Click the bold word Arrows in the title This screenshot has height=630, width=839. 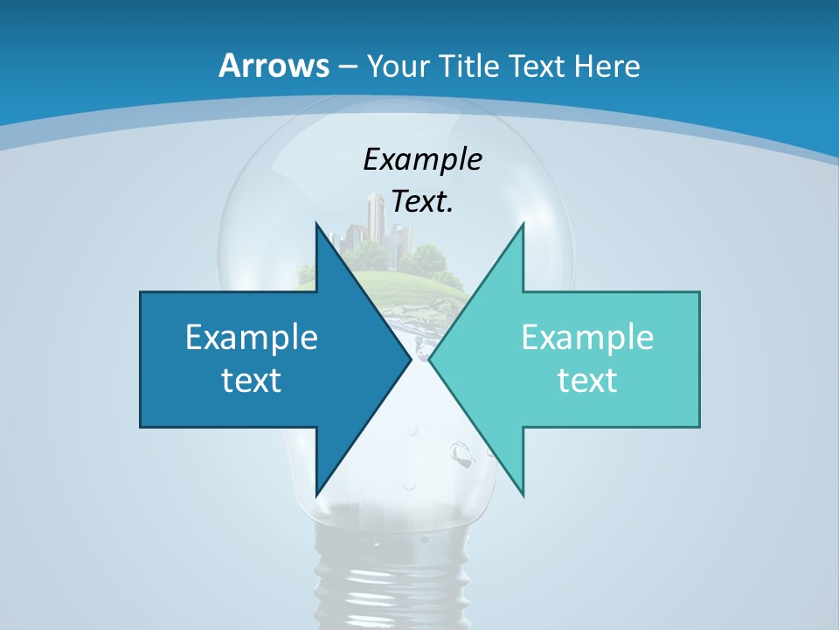[x=273, y=66]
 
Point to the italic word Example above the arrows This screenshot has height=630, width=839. [x=422, y=159]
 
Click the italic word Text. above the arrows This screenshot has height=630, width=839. [x=422, y=202]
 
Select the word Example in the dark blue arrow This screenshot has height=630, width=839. [x=252, y=337]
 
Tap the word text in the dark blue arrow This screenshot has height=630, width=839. [x=252, y=380]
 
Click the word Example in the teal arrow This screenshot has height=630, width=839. [x=587, y=337]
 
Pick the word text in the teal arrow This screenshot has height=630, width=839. [x=587, y=380]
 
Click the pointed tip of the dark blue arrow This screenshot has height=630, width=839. [x=410, y=359]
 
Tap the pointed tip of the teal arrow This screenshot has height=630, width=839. [x=430, y=359]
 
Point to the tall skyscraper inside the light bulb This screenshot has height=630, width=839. [x=376, y=219]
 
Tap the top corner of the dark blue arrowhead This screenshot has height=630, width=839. [x=316, y=225]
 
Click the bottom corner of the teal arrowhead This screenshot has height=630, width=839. [x=523, y=494]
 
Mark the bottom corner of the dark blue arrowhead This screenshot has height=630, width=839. [x=316, y=494]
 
